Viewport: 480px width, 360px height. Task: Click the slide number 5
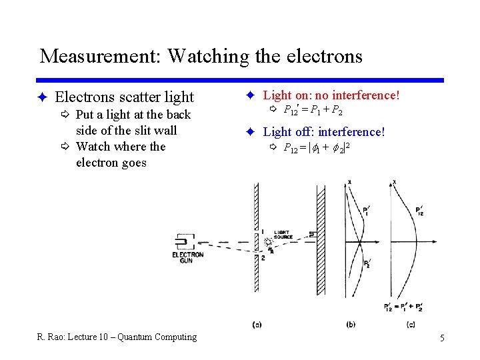[442, 338]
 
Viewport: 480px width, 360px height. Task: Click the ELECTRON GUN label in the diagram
[187, 257]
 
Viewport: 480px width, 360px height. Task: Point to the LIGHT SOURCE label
[283, 235]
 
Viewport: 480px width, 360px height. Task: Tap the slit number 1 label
[263, 231]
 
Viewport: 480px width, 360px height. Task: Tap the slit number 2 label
[263, 257]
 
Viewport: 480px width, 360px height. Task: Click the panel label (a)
[257, 325]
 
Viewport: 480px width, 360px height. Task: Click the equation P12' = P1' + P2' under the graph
[403, 307]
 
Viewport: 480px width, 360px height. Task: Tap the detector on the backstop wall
[313, 233]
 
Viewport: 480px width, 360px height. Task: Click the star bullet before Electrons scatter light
[41, 97]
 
